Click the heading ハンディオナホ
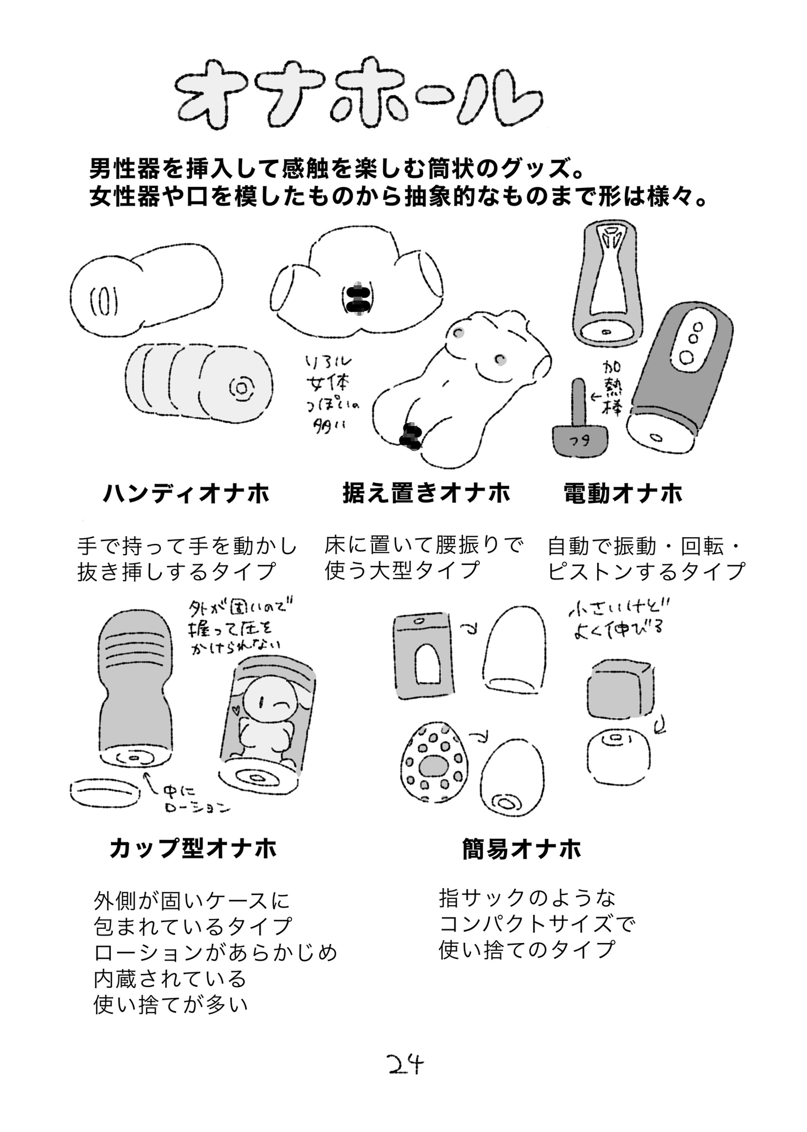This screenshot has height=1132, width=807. coord(186,494)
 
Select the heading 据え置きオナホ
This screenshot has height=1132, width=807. coord(426,492)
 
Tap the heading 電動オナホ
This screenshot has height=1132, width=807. coord(623,494)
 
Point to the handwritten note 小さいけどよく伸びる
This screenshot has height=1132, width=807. coord(618,620)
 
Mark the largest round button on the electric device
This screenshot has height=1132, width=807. coord(688,357)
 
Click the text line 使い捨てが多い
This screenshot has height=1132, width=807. coord(171,1005)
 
